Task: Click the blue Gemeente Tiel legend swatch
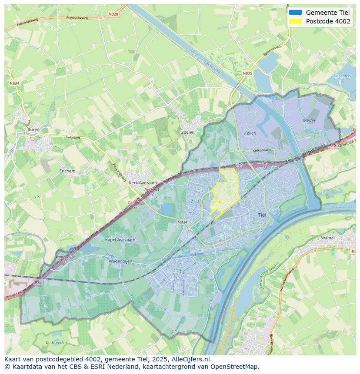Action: pos(295,12)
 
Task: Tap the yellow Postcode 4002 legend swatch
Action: pos(295,21)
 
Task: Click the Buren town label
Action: pos(33,129)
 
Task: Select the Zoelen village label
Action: pos(187,132)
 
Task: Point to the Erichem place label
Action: pos(67,171)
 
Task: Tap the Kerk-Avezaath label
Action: pos(143,183)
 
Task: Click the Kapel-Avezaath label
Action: pos(120,239)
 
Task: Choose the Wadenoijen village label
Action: pos(120,261)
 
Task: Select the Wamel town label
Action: pos(328,238)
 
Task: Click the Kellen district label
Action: pos(250,133)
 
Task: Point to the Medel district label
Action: pos(309,120)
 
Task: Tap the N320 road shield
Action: pos(113,14)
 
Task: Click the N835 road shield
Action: pos(247,73)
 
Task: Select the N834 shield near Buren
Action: pos(14,83)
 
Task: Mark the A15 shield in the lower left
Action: pos(38,282)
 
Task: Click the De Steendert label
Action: pos(57,343)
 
